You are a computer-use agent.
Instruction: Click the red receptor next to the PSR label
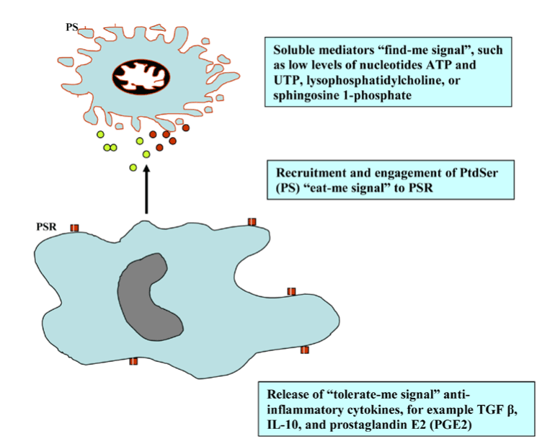coord(74,229)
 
